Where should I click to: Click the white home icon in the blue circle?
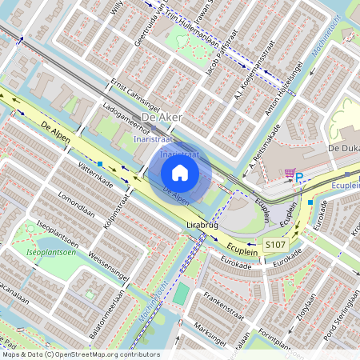pos(180,172)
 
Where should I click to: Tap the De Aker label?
pos(160,118)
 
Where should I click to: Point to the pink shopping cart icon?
pos(289,173)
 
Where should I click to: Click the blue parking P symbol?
pos(300,178)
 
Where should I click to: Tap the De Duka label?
pos(344,149)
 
